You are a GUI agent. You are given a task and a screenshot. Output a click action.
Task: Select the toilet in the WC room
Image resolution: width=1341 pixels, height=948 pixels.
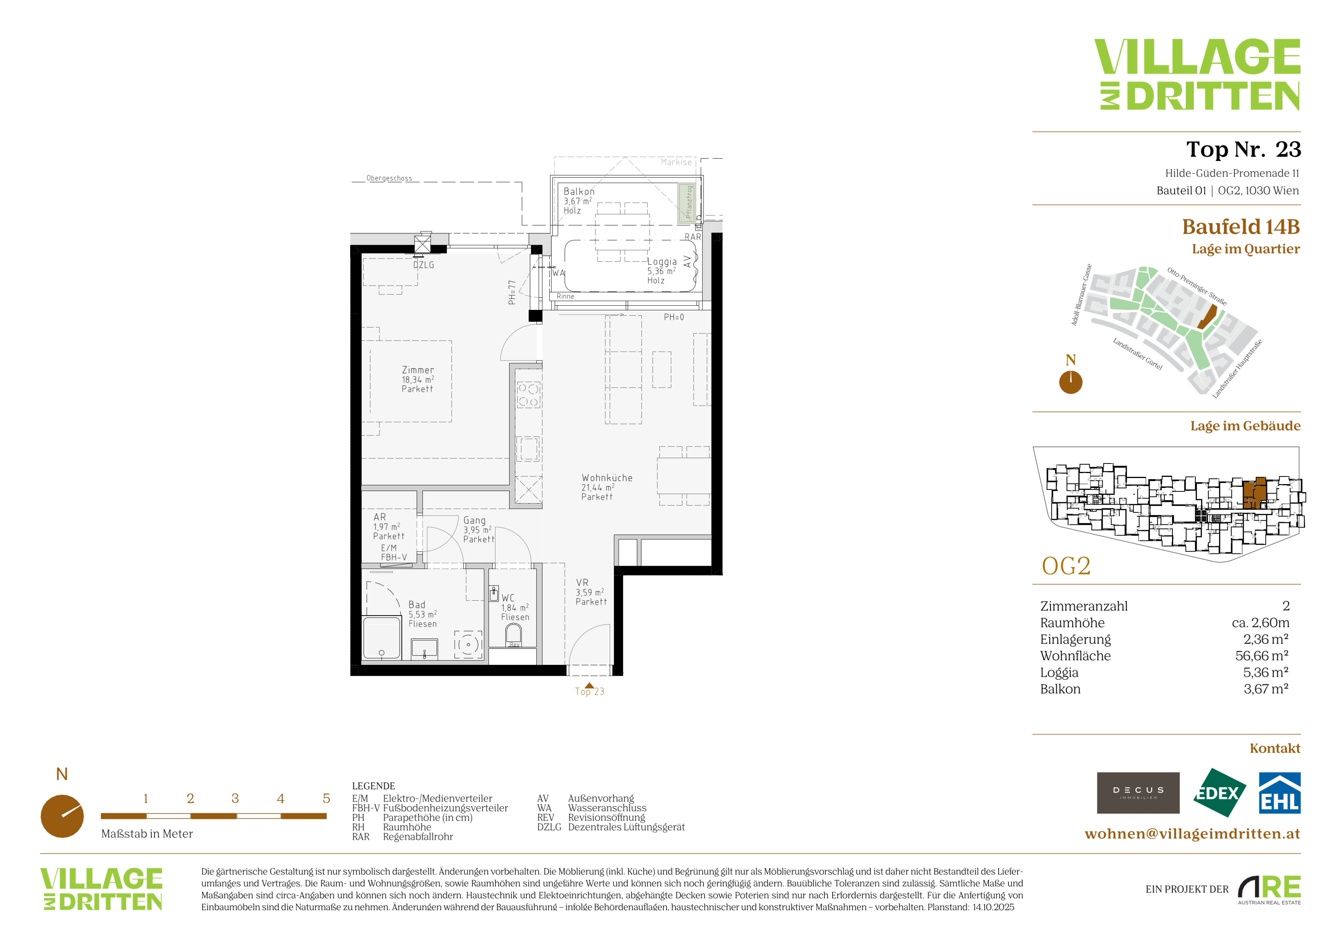[x=513, y=635]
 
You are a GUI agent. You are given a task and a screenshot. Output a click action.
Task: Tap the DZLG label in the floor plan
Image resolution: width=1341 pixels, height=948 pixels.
[x=423, y=265]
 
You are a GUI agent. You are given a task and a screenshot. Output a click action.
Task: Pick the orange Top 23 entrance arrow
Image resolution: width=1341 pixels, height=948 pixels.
[x=589, y=686]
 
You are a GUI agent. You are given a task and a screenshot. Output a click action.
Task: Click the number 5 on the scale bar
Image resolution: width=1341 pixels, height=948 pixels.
[x=326, y=799]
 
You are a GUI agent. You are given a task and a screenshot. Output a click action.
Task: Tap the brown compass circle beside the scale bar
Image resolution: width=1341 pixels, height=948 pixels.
[x=62, y=816]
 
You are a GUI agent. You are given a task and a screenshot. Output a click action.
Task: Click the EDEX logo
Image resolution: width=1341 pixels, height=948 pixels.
[x=1219, y=793]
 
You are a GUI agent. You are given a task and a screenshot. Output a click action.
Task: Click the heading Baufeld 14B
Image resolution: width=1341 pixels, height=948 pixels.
[x=1241, y=226]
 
